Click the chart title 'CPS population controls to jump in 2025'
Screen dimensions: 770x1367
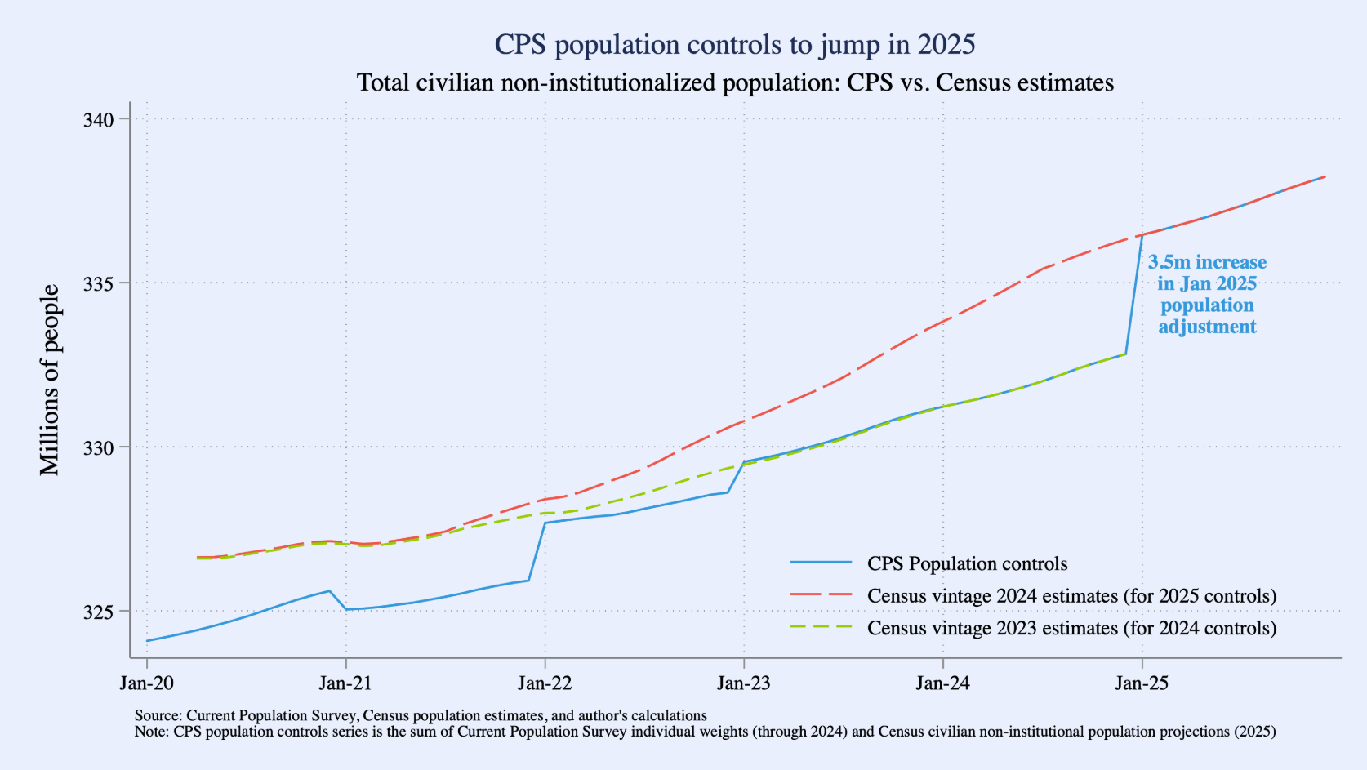tap(734, 44)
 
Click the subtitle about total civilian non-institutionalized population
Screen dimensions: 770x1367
tap(734, 82)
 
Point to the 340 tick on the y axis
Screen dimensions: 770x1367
tap(98, 119)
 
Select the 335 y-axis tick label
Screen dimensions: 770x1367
tap(98, 283)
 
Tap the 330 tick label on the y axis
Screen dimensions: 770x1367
tap(98, 447)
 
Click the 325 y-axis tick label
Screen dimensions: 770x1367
tap(98, 612)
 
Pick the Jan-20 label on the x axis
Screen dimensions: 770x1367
tap(147, 683)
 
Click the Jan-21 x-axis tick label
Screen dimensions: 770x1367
tap(346, 683)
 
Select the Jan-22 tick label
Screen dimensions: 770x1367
tap(545, 683)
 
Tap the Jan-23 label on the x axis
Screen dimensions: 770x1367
tap(744, 683)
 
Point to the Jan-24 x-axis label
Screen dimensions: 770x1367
tap(943, 683)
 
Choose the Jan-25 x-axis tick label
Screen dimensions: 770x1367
tap(1142, 683)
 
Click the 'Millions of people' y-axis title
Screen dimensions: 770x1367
tap(50, 380)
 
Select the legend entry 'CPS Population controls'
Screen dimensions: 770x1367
tap(967, 563)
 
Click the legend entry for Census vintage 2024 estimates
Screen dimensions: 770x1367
tap(1071, 596)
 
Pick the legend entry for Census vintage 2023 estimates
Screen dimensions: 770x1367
tap(1071, 628)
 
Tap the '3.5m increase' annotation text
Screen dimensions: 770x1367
tap(1207, 263)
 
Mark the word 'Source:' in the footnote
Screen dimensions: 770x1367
tap(158, 716)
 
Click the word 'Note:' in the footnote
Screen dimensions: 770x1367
tap(152, 732)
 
